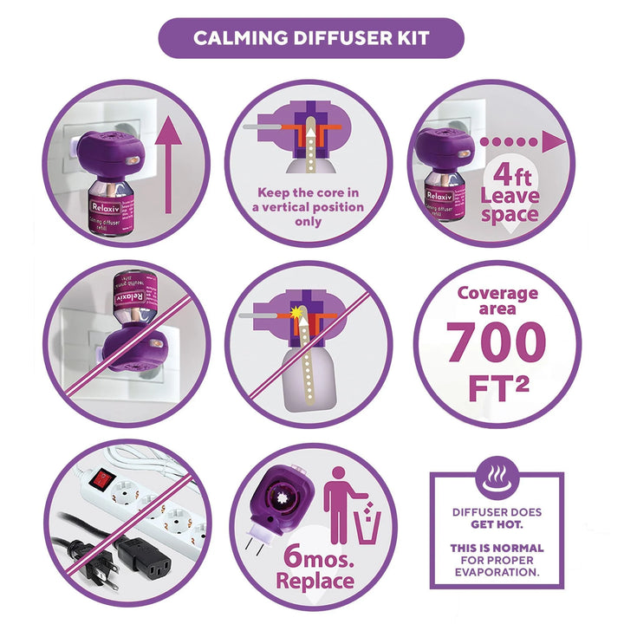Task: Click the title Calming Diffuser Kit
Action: coord(311,38)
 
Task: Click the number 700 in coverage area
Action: coord(497,343)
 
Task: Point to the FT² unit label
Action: coord(497,387)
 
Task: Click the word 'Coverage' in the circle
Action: coord(497,293)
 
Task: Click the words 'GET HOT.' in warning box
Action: coord(497,524)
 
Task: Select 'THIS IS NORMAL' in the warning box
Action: coord(497,548)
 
